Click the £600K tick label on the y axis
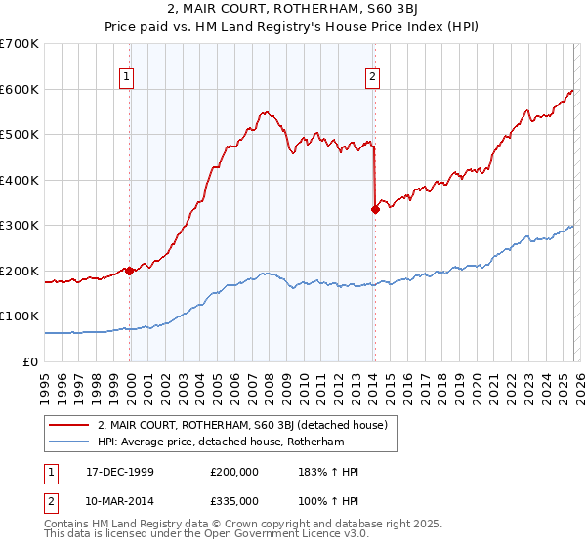pyautogui.click(x=19, y=89)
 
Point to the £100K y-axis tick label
pyautogui.click(x=19, y=316)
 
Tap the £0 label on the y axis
pyautogui.click(x=31, y=361)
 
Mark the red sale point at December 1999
pyautogui.click(x=130, y=271)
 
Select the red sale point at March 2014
pyautogui.click(x=374, y=208)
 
